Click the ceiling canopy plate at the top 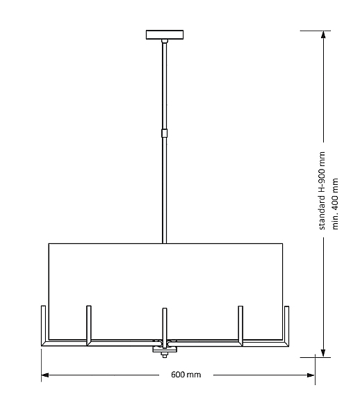click(x=165, y=35)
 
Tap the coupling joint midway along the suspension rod click(x=165, y=133)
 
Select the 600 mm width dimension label click(x=186, y=375)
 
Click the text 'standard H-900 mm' click(x=322, y=190)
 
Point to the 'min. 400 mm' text click(x=335, y=204)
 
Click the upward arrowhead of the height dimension click(x=323, y=35)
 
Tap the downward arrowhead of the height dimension click(x=323, y=353)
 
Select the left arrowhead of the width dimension click(x=45, y=375)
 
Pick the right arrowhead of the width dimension click(x=310, y=375)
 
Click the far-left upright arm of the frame click(x=43, y=325)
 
